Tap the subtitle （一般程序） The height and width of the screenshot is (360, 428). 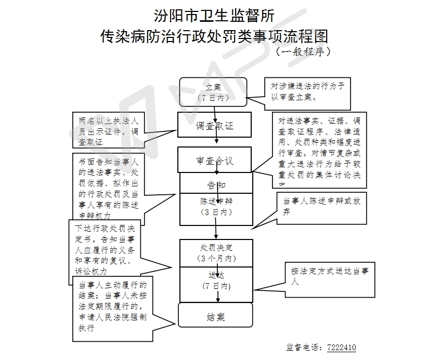(303, 52)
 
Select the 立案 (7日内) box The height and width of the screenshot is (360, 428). (214, 91)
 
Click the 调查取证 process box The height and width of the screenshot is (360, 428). (214, 125)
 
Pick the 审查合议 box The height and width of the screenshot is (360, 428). (214, 160)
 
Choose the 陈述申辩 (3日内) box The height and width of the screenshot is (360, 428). (216, 206)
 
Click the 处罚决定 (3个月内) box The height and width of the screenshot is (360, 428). (216, 252)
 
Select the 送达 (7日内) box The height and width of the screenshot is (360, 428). (216, 281)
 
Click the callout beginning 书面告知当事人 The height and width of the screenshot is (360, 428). (107, 187)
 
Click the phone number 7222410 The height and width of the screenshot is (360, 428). (341, 348)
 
